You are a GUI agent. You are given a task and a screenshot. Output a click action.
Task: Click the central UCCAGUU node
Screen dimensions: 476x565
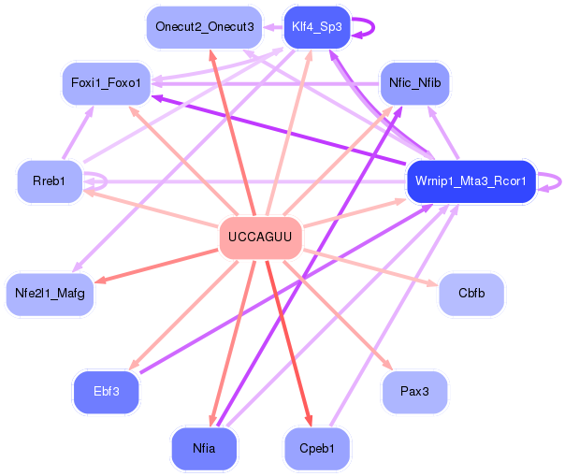[x=260, y=238]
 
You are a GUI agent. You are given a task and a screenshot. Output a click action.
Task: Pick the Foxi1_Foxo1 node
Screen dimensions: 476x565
[x=106, y=83]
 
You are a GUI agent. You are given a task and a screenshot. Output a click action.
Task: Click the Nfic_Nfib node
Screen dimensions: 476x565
[x=414, y=83]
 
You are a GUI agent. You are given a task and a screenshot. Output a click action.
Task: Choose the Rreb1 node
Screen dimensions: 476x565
[x=50, y=180]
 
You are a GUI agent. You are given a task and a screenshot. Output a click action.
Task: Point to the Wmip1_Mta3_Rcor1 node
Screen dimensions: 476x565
[x=471, y=180]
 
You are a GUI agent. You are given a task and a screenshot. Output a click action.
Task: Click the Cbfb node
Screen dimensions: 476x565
[x=471, y=295]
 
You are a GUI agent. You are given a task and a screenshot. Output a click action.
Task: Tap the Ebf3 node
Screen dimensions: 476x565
[x=106, y=391]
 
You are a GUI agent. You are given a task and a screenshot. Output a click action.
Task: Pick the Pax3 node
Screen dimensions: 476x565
[x=414, y=391]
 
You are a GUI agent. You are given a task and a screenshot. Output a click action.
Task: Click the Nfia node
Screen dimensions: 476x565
[x=204, y=448]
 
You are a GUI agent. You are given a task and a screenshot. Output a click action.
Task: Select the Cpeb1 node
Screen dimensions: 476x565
[x=316, y=448]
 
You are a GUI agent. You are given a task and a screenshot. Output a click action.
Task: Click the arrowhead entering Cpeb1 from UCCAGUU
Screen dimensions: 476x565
[x=308, y=421]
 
